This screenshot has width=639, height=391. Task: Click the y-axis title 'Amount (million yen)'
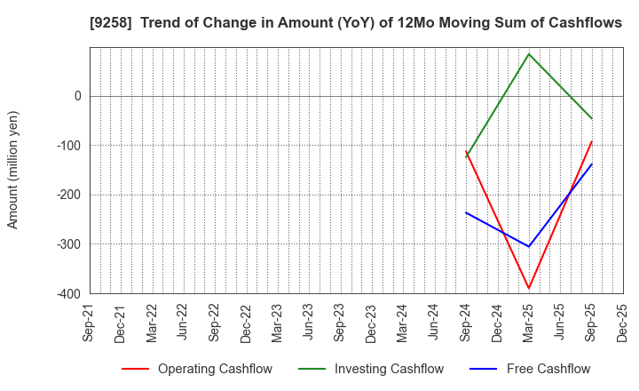[x=13, y=170]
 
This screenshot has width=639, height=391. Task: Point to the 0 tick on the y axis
[x=77, y=96]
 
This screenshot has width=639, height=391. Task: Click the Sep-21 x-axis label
[x=90, y=323]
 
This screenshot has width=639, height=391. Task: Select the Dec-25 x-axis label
[x=622, y=323]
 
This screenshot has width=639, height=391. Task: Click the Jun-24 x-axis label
[x=434, y=323]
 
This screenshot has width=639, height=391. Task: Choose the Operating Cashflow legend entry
[x=197, y=369]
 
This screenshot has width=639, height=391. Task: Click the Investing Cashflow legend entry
[x=371, y=369]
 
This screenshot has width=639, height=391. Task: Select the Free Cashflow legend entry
[x=532, y=369]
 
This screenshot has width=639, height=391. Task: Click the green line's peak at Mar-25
[x=529, y=54]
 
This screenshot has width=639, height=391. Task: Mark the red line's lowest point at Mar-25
[x=529, y=288]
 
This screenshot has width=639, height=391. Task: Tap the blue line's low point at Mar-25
[x=529, y=246]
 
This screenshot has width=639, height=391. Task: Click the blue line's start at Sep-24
[x=466, y=212]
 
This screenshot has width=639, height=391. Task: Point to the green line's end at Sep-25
[x=591, y=118]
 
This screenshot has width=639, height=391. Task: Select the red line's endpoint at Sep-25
[x=591, y=141]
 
